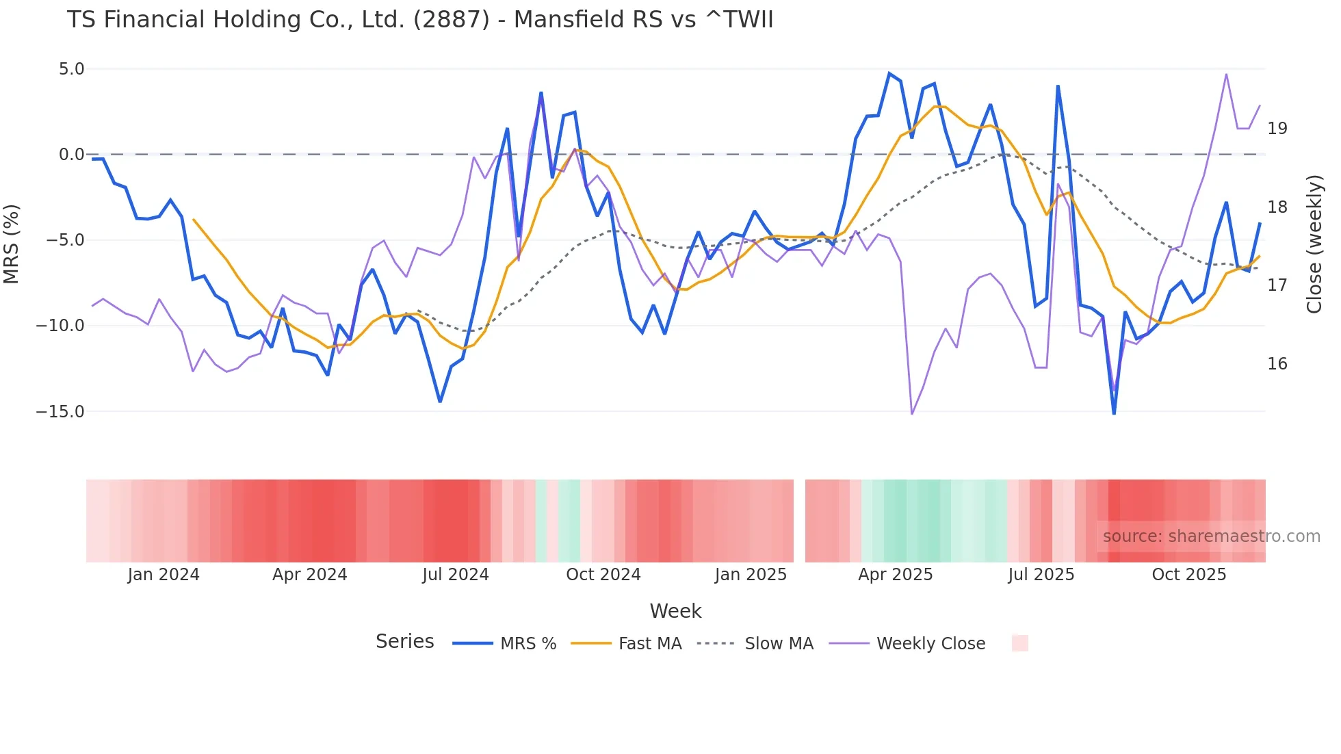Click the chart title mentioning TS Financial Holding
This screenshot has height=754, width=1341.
coord(420,20)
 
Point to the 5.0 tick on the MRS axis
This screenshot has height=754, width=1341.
coord(71,69)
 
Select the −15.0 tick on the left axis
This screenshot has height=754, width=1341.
coord(60,411)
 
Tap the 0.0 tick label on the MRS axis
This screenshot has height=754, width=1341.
coord(71,155)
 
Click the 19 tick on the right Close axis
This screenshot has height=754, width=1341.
coord(1277,129)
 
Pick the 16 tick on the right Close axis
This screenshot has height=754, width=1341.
coord(1277,364)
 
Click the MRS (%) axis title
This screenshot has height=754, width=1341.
coord(12,244)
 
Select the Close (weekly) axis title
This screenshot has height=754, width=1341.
coord(1314,244)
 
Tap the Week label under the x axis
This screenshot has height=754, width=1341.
coord(675,611)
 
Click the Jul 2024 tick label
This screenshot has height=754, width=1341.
coord(455,575)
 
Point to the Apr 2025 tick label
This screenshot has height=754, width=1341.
coord(895,575)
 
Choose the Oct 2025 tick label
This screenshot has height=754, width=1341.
coord(1188,575)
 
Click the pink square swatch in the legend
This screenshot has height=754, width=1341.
coord(1019,643)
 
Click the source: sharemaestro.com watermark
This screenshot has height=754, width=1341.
coord(1211,536)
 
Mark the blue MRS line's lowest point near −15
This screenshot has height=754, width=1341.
coord(1114,413)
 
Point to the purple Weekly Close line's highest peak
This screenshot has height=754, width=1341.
coord(1226,75)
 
